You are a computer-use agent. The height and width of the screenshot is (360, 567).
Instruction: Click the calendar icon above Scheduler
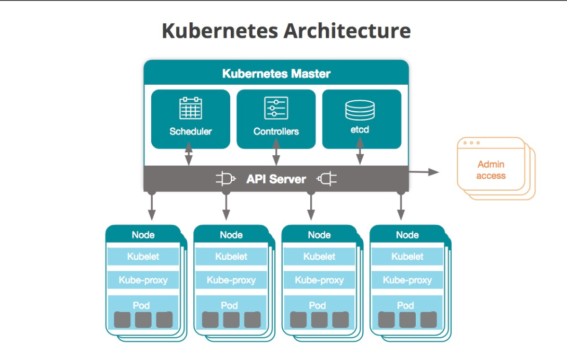pos(191,108)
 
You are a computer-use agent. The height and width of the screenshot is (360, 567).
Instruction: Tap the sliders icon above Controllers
pos(276,108)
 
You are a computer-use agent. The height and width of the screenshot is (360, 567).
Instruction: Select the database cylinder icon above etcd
pos(360,109)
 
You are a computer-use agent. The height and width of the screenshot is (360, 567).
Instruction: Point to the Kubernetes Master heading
pos(276,74)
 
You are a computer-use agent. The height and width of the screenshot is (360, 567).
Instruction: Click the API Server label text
pos(276,180)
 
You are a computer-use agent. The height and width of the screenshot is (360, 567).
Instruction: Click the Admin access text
pos(491,170)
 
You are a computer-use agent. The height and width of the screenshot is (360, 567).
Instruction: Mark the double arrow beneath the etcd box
pos(360,153)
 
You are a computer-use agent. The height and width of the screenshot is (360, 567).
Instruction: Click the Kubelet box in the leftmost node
pos(143,257)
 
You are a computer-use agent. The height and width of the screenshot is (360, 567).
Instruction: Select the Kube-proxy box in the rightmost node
pos(407,281)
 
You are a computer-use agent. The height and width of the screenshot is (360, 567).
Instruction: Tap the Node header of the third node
pos(319,235)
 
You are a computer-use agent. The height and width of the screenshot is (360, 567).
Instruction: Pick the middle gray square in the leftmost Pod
pos(143,319)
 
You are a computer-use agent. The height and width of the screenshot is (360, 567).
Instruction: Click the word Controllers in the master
pos(276,131)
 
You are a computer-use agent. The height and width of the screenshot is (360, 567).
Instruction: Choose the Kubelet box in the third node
pos(319,257)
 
